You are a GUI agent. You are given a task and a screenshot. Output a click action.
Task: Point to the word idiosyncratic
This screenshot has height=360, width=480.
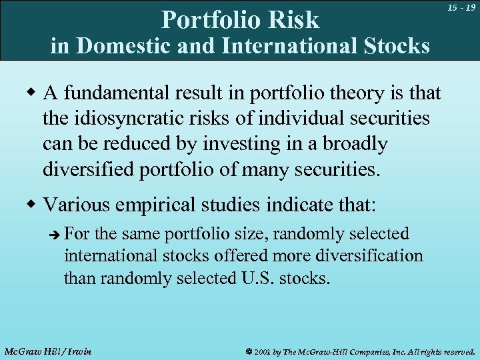137,119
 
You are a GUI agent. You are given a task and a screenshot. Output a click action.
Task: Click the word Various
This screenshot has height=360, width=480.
76,204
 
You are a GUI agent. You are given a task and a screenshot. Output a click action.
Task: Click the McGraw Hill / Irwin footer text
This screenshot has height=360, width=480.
47,351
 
